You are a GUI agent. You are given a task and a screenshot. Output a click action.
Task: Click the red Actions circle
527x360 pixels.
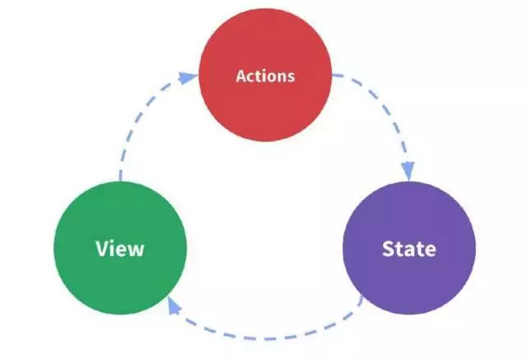point(265,75)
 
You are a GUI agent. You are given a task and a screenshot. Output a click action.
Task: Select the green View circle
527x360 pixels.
point(120,248)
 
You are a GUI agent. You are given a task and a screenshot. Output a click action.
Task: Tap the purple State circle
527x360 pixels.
point(409,248)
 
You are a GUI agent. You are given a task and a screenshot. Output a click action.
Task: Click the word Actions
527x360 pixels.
point(265,76)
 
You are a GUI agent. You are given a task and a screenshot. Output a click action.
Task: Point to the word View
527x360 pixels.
point(120,249)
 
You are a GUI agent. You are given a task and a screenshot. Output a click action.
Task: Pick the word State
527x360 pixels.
point(409,249)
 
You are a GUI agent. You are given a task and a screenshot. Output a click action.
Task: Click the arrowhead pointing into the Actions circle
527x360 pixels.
point(188,77)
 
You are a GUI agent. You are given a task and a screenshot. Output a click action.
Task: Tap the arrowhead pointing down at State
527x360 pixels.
point(408,171)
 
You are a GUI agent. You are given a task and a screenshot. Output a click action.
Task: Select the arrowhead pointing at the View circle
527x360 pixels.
point(174,306)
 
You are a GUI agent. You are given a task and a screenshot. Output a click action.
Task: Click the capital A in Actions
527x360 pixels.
point(241,76)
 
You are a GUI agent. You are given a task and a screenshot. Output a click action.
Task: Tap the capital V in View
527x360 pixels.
point(102,249)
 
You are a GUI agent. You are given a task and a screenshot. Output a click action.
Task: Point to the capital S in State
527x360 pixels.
point(388,249)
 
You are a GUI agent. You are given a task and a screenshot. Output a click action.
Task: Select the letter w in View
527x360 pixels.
point(137,250)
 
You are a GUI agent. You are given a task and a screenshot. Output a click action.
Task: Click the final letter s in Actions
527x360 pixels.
point(291,77)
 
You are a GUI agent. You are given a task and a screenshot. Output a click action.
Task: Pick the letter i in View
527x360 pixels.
point(114,249)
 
